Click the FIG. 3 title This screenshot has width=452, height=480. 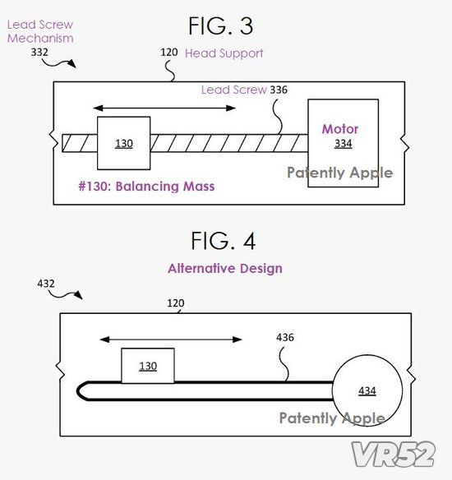click(220, 25)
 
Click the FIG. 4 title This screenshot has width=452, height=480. click(223, 241)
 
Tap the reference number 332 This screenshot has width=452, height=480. click(39, 52)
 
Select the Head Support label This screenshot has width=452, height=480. click(224, 53)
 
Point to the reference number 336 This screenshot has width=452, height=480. click(279, 90)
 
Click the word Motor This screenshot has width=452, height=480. click(340, 129)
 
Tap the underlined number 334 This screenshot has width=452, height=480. click(343, 144)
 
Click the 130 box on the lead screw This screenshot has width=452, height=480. click(123, 143)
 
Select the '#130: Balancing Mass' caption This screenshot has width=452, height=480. click(146, 186)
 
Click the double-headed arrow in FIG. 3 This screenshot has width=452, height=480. click(164, 108)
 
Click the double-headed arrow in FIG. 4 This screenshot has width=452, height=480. click(171, 339)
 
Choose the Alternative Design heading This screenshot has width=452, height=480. click(225, 269)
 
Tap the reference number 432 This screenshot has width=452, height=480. click(46, 284)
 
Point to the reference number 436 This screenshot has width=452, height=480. click(285, 337)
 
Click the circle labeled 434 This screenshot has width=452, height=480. click(367, 390)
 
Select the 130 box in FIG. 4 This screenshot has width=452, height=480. click(148, 366)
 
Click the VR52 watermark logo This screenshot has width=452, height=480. click(394, 454)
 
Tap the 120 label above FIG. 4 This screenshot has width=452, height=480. click(176, 303)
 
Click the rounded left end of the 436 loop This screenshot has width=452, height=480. click(77, 391)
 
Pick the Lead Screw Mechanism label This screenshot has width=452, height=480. click(40, 31)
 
